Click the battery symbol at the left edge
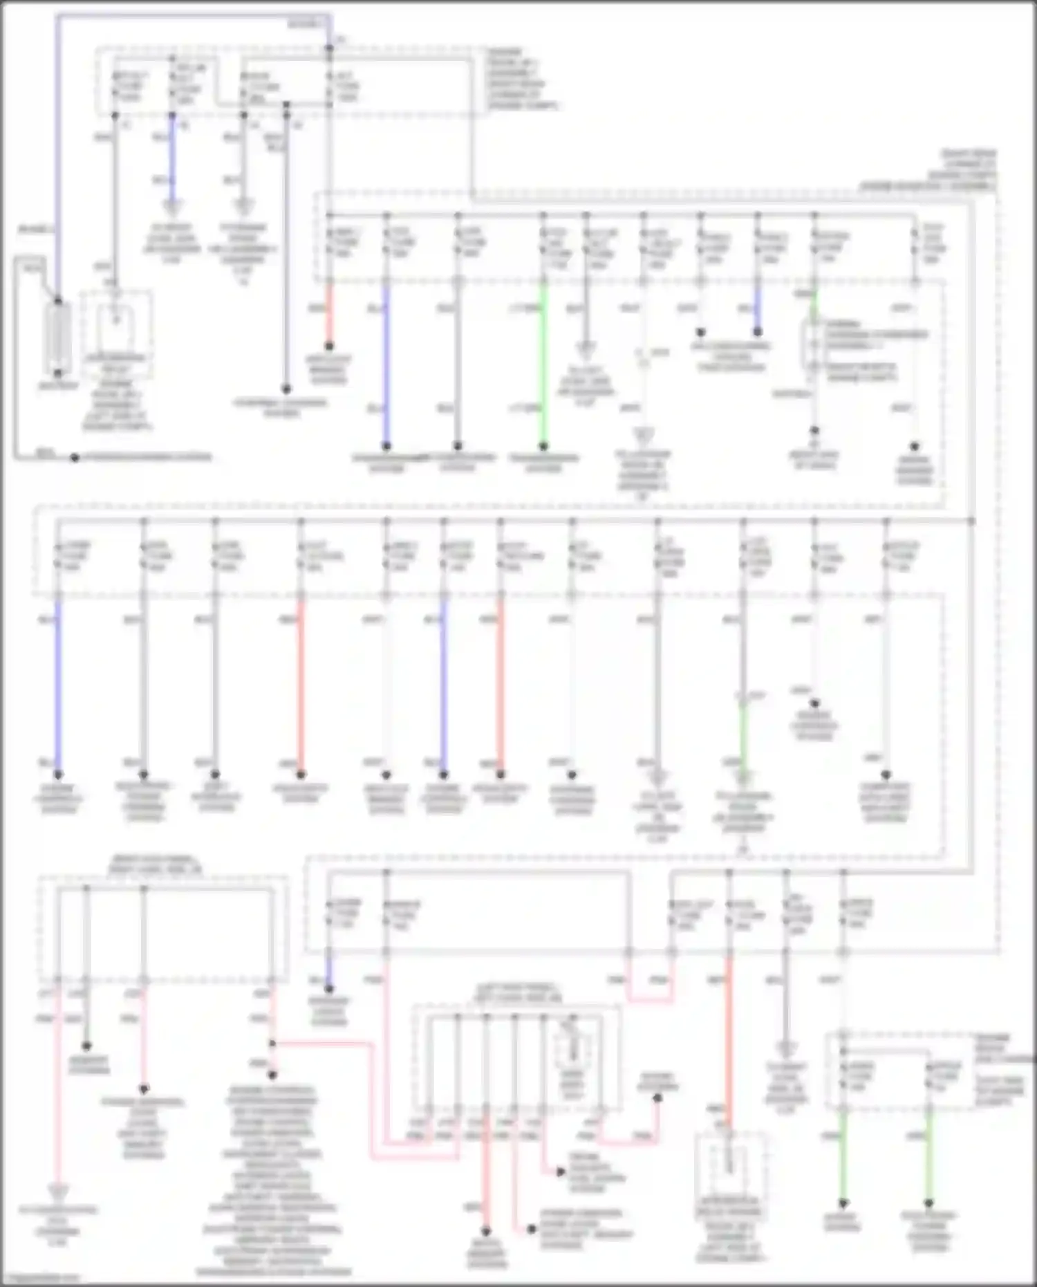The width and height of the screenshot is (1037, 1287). (x=58, y=340)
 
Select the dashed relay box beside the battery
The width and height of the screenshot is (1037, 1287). (x=116, y=322)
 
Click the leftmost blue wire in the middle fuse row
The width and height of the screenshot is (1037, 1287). (x=58, y=685)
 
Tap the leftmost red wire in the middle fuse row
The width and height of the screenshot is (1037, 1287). (x=301, y=685)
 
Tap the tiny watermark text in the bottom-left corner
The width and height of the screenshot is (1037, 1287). (x=41, y=1278)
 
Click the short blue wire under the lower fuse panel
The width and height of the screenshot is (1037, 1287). (x=330, y=972)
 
